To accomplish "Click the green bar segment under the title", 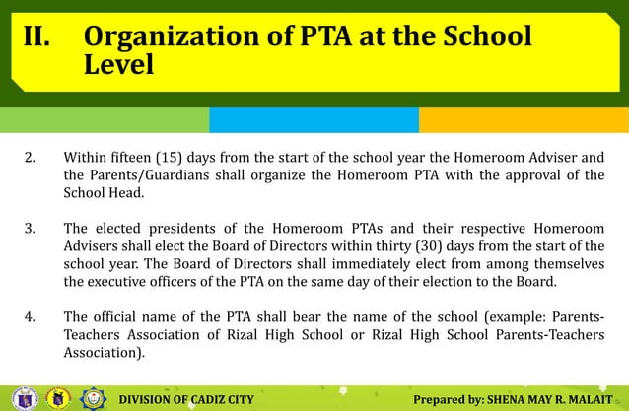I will (x=105, y=119).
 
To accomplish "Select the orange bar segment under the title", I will (x=524, y=119).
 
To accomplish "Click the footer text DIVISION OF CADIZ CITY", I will (x=186, y=399).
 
